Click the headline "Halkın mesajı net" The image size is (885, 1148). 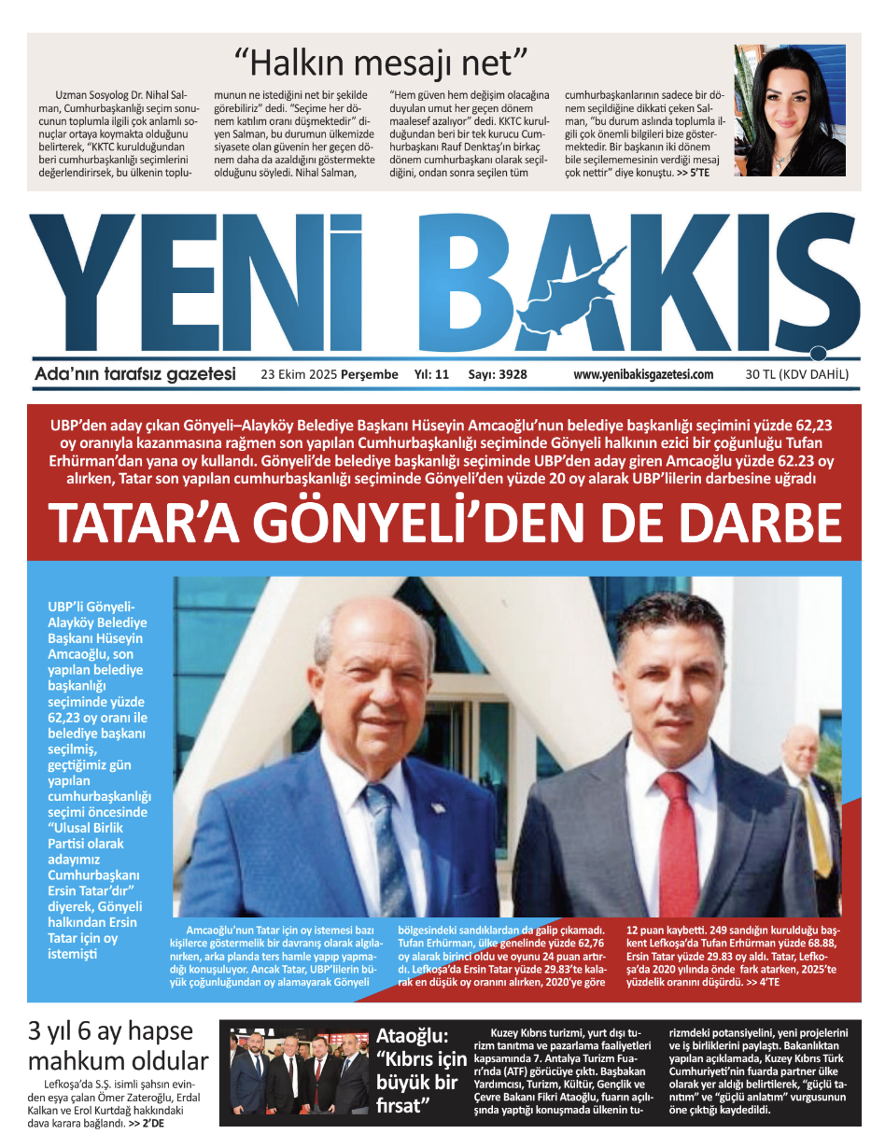[382, 63]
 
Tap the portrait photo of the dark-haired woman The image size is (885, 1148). [789, 110]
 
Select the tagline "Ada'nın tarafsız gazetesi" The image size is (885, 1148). [134, 374]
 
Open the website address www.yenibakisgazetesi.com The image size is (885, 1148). [643, 374]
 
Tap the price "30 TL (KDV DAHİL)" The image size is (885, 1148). [797, 374]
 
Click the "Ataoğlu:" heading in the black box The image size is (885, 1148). [413, 1035]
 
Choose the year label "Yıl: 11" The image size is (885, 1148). [431, 374]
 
